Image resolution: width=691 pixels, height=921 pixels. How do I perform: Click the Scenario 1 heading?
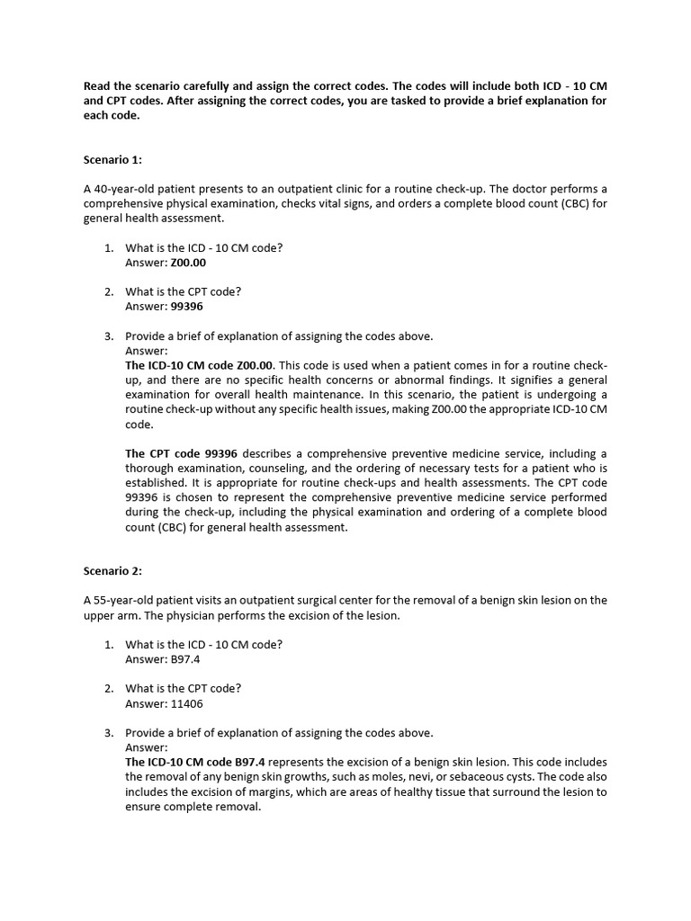[112, 160]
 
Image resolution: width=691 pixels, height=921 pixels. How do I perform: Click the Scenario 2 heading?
[112, 571]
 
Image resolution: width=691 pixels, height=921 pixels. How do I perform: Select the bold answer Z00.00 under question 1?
[188, 263]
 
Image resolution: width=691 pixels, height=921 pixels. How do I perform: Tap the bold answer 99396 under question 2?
[186, 307]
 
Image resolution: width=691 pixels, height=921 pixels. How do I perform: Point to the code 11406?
[186, 703]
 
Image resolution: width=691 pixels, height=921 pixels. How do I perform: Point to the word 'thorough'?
[149, 469]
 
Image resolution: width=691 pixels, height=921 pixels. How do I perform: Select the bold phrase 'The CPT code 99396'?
[181, 454]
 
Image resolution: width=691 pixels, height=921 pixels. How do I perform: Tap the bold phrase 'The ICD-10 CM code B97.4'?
[195, 763]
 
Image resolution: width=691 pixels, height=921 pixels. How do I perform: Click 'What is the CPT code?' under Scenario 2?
[183, 689]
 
